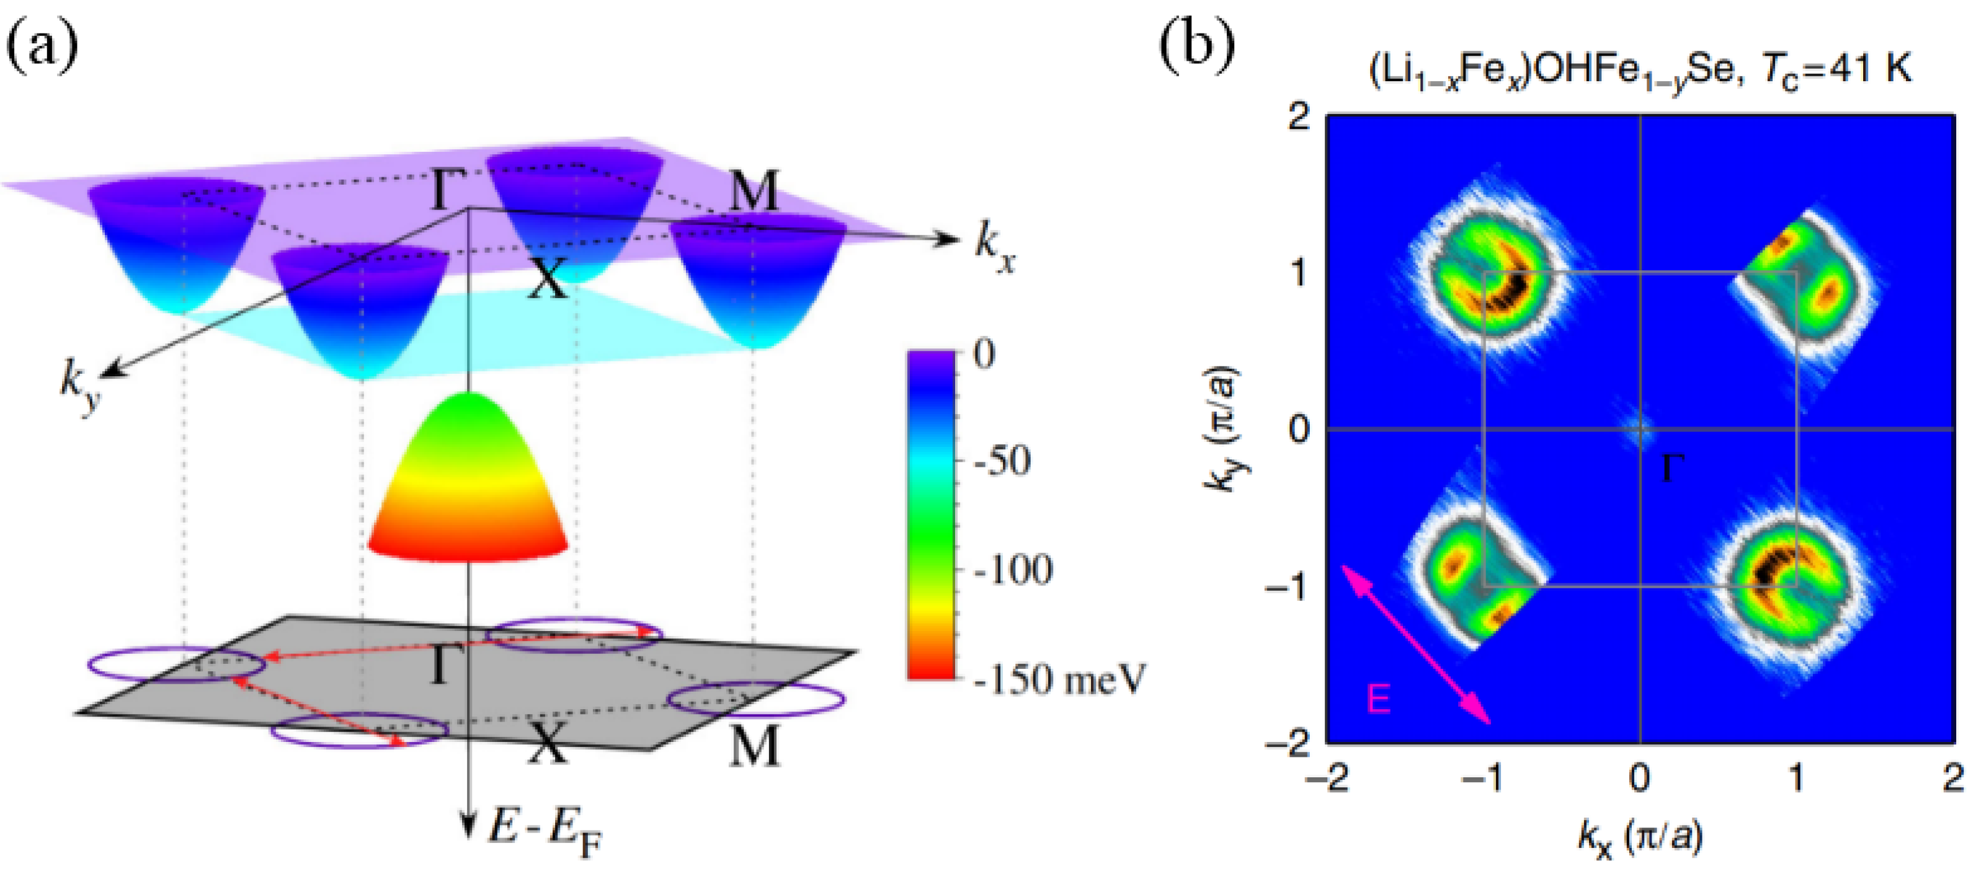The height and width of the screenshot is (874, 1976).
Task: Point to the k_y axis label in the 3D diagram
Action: (x=79, y=387)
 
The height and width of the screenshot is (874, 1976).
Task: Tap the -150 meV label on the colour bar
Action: (x=1059, y=679)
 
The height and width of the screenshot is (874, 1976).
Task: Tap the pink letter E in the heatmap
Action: (x=1379, y=700)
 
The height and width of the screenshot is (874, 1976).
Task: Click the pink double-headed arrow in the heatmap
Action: (x=1415, y=644)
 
